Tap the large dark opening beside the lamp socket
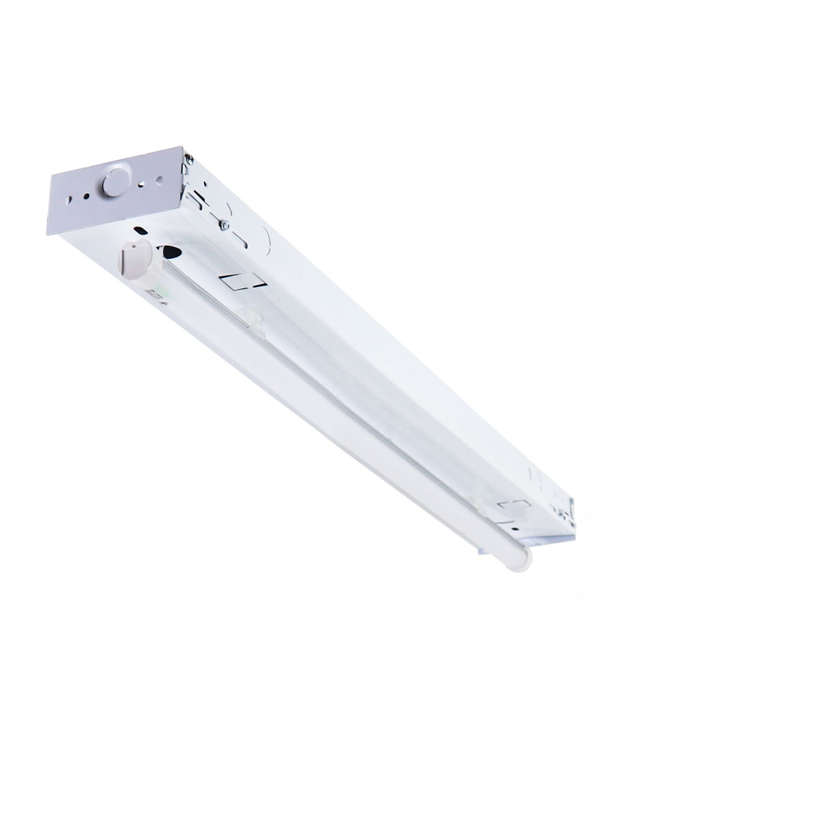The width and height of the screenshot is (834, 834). (x=172, y=252)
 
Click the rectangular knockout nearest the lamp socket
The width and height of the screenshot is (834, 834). (x=240, y=284)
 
